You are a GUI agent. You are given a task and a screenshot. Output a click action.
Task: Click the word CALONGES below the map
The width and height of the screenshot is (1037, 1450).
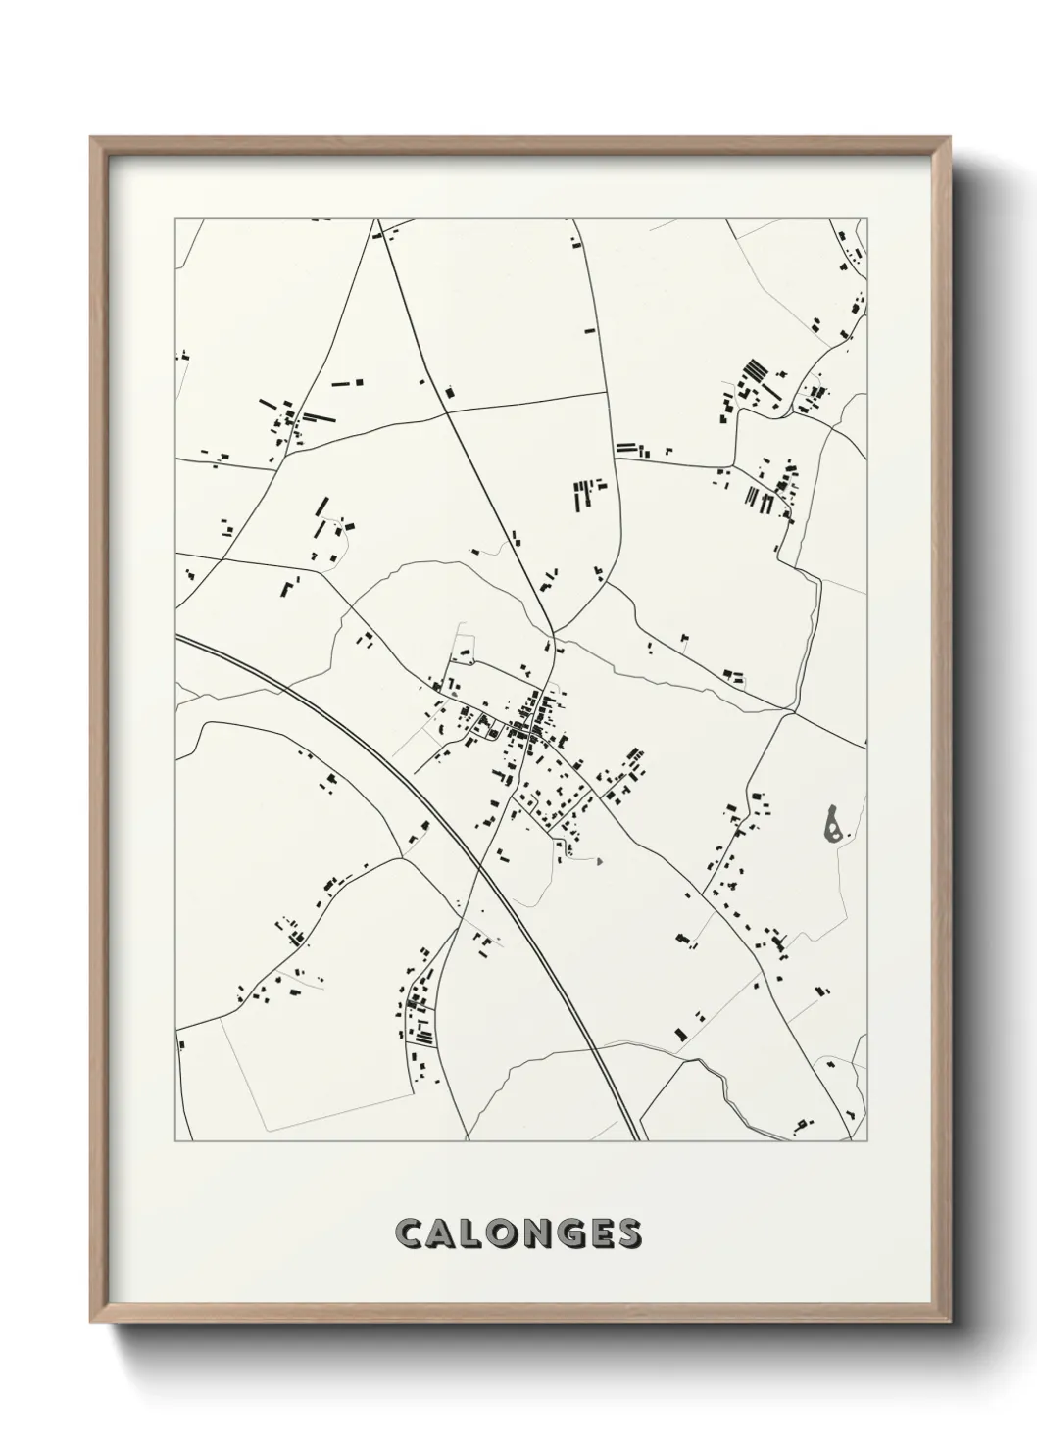point(518,1233)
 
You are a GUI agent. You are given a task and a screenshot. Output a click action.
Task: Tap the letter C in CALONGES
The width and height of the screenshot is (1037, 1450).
point(409,1233)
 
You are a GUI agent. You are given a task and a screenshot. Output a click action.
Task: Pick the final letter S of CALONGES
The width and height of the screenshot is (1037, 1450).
point(628,1233)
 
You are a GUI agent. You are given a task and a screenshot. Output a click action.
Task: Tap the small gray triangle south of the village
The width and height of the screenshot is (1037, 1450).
point(598,861)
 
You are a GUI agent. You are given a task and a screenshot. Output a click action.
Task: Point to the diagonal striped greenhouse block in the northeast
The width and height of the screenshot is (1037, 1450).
point(755,372)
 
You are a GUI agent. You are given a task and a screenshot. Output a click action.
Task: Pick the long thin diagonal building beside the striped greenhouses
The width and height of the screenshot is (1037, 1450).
point(770,389)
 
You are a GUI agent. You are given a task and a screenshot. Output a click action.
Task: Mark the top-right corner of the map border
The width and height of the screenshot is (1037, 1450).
point(867,220)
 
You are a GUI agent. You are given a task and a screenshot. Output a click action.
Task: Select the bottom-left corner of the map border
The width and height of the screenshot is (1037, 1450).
point(175,1141)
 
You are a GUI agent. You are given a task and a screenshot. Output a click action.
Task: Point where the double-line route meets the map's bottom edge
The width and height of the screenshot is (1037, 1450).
point(638,1140)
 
